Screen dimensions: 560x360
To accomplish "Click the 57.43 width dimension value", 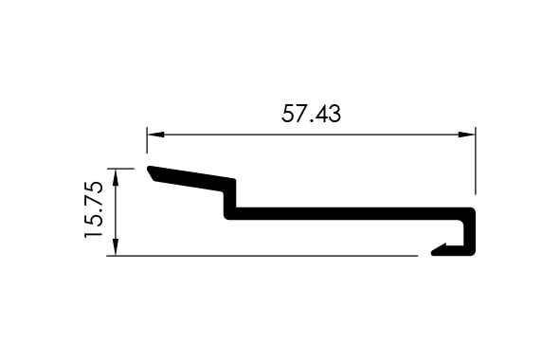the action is (x=311, y=114).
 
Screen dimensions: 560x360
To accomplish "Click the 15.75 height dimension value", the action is (x=94, y=209).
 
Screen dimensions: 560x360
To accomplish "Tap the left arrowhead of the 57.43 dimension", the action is (x=155, y=135).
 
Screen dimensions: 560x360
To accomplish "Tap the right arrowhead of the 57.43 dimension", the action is (x=466, y=135).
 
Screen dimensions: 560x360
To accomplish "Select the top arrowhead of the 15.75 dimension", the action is (x=116, y=177).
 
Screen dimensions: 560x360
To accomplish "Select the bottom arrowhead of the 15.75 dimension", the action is (x=116, y=246).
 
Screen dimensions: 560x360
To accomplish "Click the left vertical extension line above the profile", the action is (x=147, y=140).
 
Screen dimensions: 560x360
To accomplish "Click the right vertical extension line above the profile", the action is (x=476, y=161).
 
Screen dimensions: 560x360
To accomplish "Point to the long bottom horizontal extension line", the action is (x=262, y=256).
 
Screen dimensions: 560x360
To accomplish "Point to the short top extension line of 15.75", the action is (x=120, y=169).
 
